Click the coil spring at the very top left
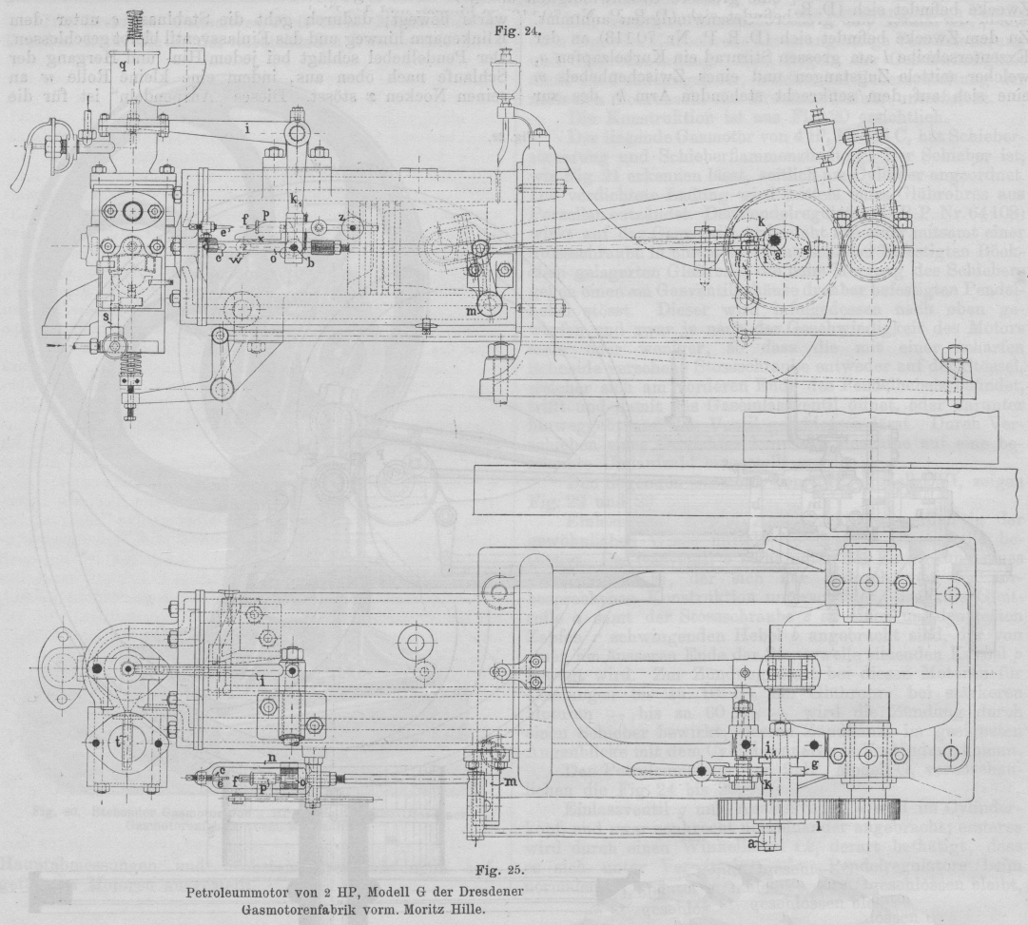coord(125,26)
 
